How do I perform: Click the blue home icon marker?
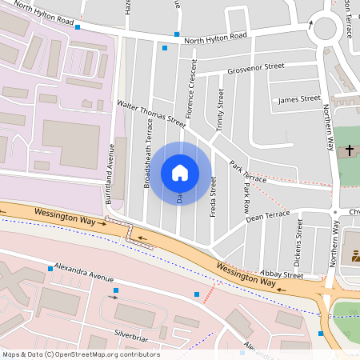(x=180, y=172)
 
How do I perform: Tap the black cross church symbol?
(x=349, y=150)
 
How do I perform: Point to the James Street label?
(x=298, y=99)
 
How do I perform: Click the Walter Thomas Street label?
(x=151, y=114)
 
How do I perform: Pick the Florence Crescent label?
(x=192, y=88)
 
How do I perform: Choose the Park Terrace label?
(x=247, y=170)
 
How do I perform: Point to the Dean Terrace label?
(x=268, y=216)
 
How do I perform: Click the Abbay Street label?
(x=282, y=274)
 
